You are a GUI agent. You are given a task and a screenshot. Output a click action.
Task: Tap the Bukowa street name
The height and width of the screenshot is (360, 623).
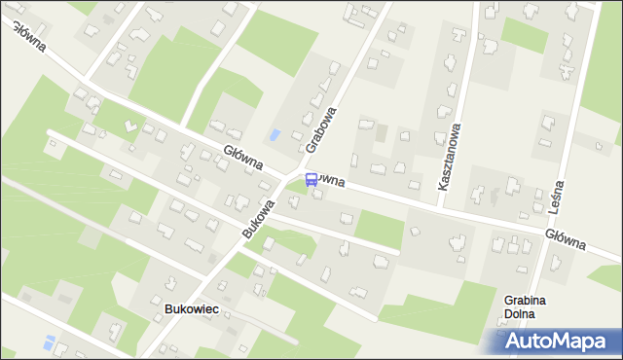[259, 219]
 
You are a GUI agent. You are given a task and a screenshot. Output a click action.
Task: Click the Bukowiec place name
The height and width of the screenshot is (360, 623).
[191, 308]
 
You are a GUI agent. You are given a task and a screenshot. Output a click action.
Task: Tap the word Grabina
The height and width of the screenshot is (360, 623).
[524, 301]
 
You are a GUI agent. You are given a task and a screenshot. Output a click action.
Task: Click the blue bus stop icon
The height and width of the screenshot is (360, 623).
[311, 179]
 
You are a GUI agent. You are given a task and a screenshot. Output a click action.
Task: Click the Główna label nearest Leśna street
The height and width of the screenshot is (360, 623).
[565, 237]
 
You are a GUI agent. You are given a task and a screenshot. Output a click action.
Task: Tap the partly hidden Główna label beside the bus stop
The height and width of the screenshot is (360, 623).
[332, 181]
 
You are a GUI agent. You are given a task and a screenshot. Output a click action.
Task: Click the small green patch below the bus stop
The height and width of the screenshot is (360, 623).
[301, 187]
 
